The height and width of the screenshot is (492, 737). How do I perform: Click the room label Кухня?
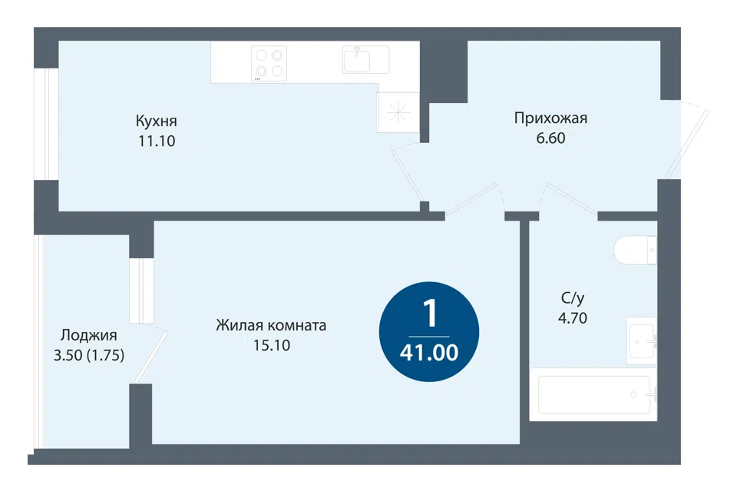pos(157,121)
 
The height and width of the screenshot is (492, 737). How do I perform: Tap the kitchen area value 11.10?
pos(157,141)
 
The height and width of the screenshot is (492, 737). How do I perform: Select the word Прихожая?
pos(550,118)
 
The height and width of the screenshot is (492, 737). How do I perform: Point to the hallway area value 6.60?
pos(550,138)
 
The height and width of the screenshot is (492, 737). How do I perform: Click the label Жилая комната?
pos(271,325)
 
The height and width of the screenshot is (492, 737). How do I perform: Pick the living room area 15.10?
pos(272,345)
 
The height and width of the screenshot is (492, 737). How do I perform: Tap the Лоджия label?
pos(89,335)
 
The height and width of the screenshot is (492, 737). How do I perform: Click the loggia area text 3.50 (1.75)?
pos(89,355)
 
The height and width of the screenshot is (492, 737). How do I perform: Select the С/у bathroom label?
pos(573,298)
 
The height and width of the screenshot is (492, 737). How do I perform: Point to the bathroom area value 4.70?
pos(573,318)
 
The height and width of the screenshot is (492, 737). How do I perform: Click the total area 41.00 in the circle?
pos(429,353)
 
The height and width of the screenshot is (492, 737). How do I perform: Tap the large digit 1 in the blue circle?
pos(430,313)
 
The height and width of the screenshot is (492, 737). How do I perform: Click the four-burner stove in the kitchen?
pos(269,64)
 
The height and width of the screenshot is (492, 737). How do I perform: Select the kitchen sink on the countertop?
pos(365,59)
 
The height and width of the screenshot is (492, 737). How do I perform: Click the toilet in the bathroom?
pos(635,250)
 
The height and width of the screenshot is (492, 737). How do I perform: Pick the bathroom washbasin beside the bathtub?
pos(642,341)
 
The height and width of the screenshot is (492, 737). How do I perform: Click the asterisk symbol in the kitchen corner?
pos(398,112)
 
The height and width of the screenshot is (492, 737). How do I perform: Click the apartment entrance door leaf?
pos(686,144)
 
